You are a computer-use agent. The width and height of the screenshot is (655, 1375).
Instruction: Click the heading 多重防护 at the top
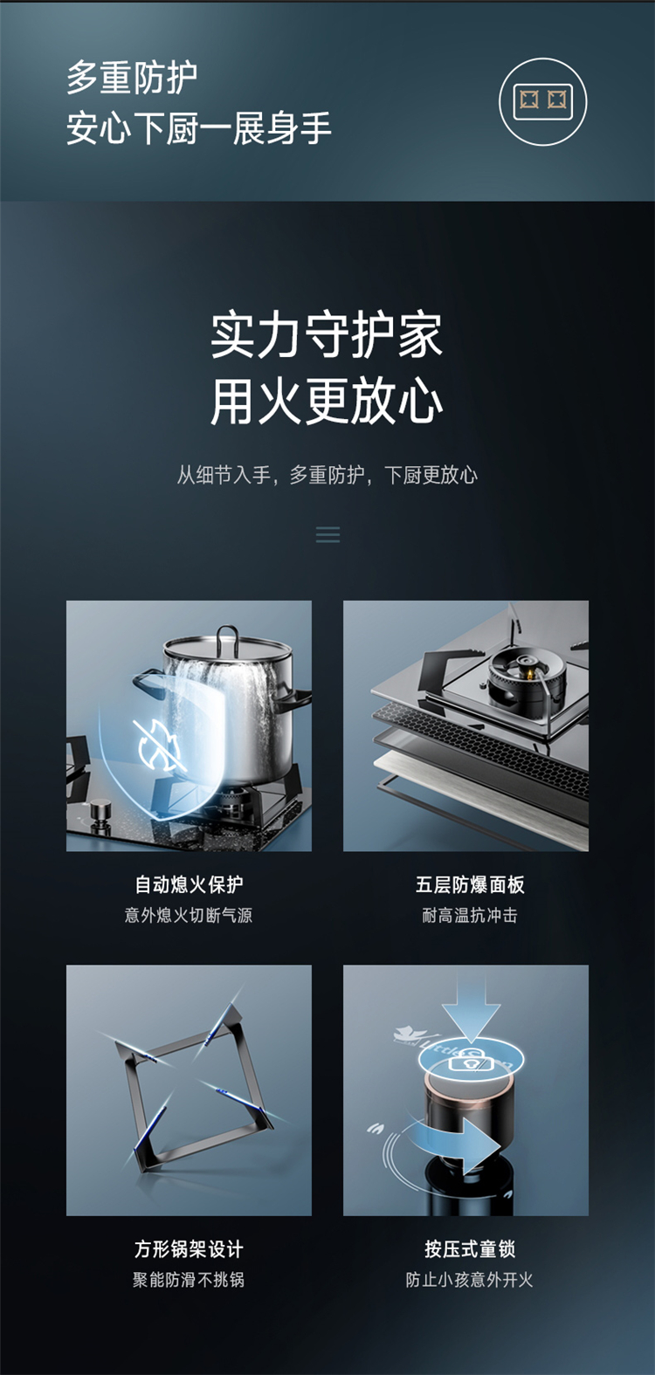click(132, 78)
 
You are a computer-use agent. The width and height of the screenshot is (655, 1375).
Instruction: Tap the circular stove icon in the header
click(542, 101)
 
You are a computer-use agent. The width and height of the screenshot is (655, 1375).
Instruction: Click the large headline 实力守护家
click(327, 335)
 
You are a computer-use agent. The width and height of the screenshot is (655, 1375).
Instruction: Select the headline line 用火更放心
click(327, 402)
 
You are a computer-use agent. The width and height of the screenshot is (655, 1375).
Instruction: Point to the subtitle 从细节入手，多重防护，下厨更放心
click(327, 475)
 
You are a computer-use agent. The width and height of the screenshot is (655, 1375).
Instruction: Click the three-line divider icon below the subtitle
click(327, 534)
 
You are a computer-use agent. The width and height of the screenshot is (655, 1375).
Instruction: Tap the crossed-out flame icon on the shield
click(161, 745)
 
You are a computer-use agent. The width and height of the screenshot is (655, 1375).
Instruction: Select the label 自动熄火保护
click(189, 884)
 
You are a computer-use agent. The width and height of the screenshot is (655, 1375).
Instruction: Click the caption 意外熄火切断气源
click(189, 915)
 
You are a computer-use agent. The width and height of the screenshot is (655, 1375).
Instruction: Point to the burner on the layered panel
click(526, 677)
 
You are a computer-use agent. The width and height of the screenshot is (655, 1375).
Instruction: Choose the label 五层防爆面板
click(470, 884)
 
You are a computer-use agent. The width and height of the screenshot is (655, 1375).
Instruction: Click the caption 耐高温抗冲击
click(470, 915)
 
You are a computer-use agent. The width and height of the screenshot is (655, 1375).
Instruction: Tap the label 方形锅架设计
click(189, 1249)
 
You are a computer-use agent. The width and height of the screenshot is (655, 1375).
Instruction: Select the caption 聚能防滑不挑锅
click(189, 1280)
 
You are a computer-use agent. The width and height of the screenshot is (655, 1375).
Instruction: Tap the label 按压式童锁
click(470, 1249)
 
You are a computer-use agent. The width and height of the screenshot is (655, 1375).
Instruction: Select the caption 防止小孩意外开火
click(470, 1280)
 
